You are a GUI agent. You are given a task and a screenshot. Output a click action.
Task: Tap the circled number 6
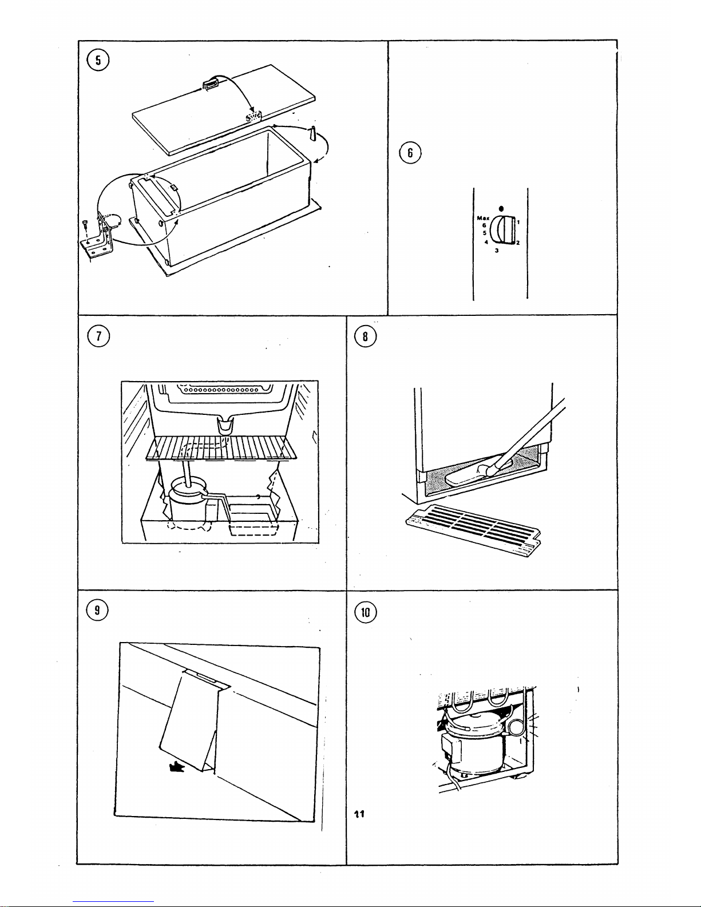(410, 153)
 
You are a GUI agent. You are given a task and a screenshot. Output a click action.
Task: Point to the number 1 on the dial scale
(518, 221)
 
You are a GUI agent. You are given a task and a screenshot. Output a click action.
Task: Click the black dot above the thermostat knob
(501, 208)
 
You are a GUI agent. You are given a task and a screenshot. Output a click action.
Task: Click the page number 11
(360, 814)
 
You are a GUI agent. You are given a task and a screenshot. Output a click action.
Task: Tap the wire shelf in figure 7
(220, 447)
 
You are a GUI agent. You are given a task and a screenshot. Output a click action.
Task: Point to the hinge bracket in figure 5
(98, 240)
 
